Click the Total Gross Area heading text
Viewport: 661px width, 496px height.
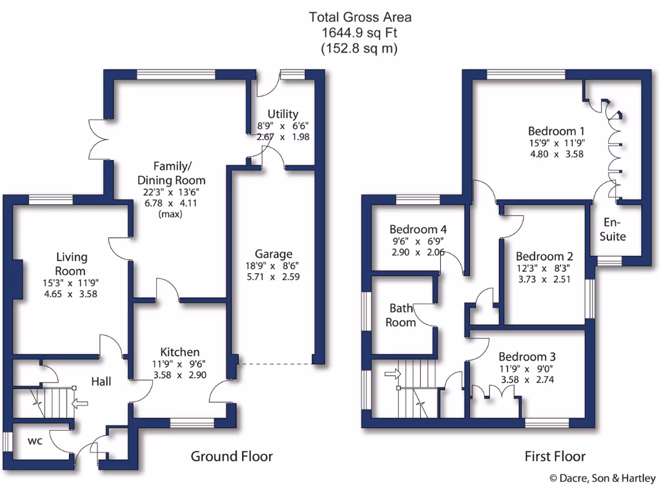pos(360,17)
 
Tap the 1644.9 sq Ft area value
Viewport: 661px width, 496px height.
pos(360,32)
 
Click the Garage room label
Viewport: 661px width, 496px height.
pos(273,254)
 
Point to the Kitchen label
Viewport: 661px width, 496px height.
pos(179,352)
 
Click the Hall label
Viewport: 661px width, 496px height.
pos(101,382)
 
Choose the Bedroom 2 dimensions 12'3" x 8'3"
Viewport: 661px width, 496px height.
pos(543,268)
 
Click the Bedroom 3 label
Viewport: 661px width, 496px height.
pos(527,356)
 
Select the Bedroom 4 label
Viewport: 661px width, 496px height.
pos(418,229)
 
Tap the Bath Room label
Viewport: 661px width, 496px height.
pos(401,315)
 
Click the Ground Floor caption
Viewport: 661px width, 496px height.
pos(231,457)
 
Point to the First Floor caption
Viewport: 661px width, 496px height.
pos(554,457)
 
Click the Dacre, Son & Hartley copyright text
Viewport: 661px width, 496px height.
pos(602,479)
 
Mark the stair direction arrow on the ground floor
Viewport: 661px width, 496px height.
pos(80,405)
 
